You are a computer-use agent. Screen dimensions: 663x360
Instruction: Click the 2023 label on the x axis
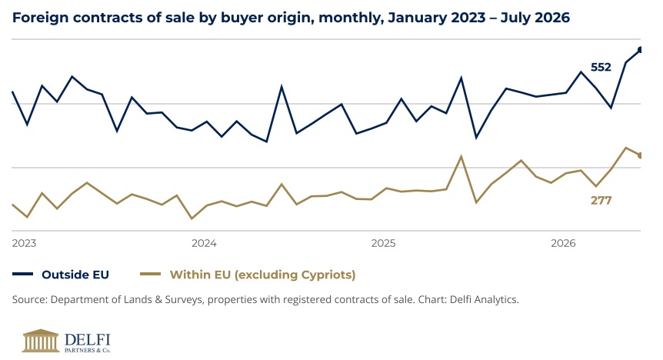24,243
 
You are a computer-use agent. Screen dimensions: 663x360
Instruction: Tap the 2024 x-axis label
204,243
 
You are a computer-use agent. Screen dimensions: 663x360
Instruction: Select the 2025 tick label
384,243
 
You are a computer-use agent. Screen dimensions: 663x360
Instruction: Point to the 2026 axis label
563,243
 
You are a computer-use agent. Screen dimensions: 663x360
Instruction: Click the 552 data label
601,67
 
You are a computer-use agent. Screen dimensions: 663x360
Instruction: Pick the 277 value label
601,200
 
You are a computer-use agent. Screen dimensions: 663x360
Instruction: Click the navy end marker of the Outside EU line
640,50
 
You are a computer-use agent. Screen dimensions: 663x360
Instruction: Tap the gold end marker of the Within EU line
640,155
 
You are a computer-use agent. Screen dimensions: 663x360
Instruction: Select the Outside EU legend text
75,275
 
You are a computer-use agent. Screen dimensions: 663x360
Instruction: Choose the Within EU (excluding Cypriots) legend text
262,275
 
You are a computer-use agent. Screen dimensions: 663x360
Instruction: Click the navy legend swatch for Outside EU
23,274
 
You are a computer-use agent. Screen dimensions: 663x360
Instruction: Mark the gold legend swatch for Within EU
151,274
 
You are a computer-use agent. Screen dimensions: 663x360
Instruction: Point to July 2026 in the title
535,18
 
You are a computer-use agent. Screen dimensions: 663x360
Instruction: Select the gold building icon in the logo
41,341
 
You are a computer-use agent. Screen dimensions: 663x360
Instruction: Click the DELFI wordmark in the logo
88,339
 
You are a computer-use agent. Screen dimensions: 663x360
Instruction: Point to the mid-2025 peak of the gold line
461,156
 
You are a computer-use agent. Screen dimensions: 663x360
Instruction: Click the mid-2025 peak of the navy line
461,78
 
